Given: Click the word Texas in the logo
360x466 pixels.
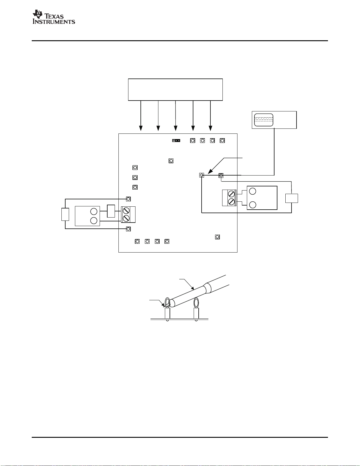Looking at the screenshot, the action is coord(54,16).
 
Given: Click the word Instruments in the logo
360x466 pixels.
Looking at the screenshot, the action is coord(54,22).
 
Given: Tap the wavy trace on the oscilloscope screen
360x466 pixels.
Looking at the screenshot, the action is coord(264,118).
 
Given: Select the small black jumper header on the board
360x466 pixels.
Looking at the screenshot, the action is coord(176,141).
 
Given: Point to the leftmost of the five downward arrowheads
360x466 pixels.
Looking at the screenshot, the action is coord(141,128).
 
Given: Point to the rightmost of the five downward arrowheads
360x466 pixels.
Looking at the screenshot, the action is coord(210,128).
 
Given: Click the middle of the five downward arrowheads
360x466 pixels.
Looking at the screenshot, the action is coord(175,128).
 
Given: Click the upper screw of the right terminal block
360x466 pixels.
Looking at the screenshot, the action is coord(231,194).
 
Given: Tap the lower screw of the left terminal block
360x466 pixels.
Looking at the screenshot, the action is coord(126,218).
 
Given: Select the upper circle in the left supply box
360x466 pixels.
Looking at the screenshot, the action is coord(94,211).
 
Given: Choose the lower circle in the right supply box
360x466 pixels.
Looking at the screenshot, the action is coord(253,205).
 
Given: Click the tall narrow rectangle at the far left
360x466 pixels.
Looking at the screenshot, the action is coord(65,214).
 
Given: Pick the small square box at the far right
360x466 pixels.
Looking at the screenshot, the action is coord(292,198).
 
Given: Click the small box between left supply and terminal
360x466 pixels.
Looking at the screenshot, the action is coord(111,211).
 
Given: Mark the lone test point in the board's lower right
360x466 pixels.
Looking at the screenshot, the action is coord(217,237).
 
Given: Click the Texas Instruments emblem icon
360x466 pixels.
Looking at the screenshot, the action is coord(38,14).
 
